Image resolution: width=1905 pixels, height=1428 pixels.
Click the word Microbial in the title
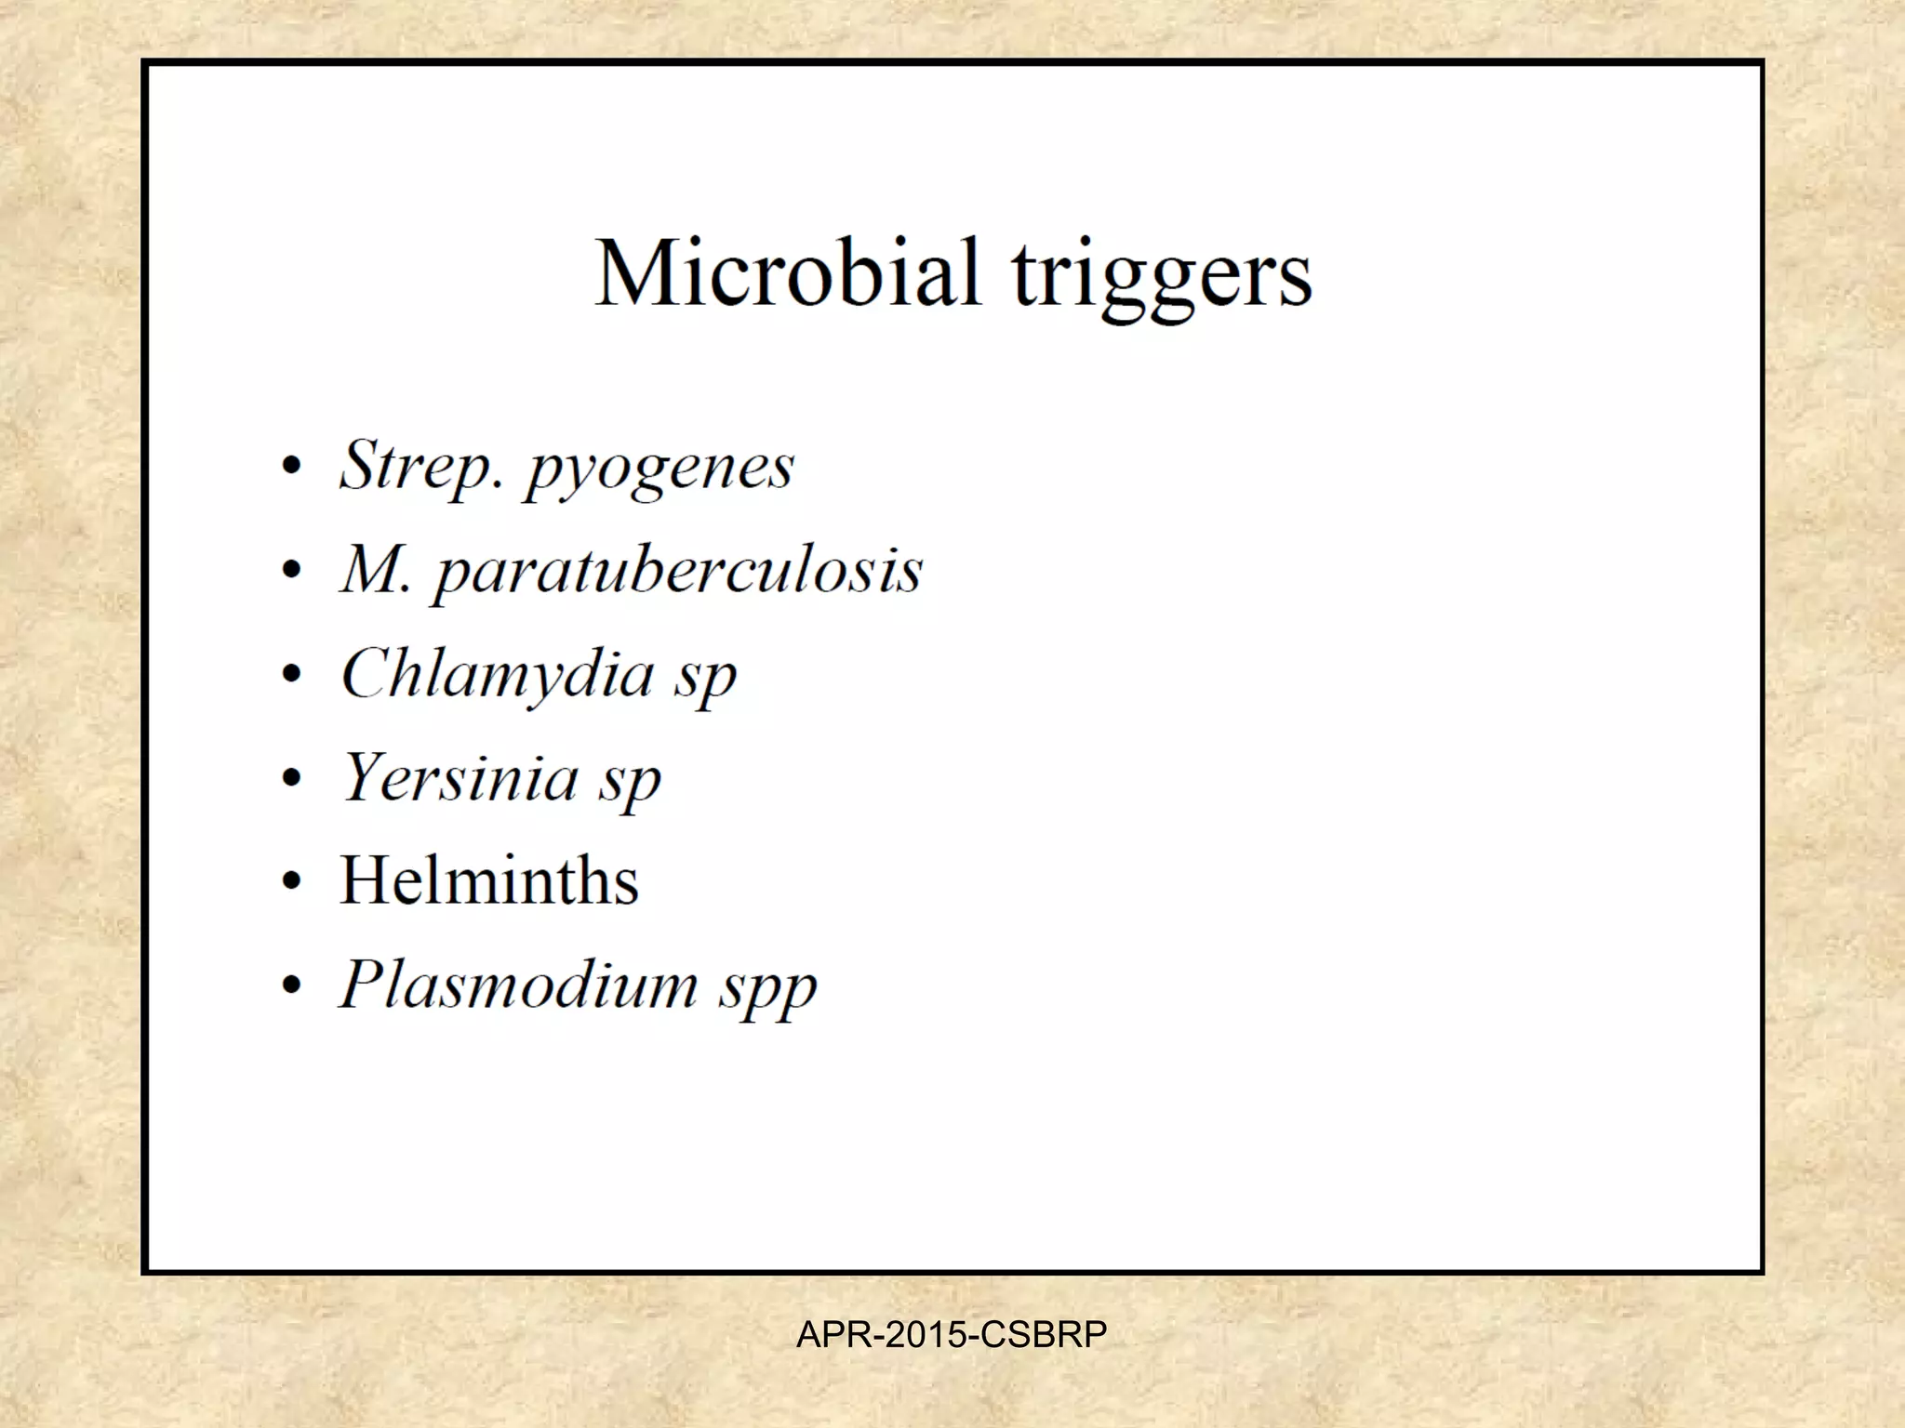click(x=787, y=273)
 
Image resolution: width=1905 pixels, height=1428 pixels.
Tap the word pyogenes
click(x=659, y=470)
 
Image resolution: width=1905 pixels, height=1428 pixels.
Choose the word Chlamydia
click(x=498, y=674)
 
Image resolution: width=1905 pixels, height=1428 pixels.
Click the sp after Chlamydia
click(x=705, y=679)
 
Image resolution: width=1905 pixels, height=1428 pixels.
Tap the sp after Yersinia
click(x=630, y=783)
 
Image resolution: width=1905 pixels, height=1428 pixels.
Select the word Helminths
click(x=489, y=880)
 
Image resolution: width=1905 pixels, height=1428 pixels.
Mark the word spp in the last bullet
click(x=767, y=990)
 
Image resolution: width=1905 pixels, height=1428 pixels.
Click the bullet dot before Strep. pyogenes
click(x=292, y=466)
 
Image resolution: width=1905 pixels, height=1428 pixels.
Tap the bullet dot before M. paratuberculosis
click(x=292, y=570)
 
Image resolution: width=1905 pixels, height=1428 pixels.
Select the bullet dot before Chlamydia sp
click(x=292, y=674)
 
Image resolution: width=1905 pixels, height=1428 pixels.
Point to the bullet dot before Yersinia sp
click(x=292, y=778)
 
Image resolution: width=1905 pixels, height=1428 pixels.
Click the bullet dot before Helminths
click(x=292, y=882)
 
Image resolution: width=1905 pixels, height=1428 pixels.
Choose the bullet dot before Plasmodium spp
click(x=292, y=986)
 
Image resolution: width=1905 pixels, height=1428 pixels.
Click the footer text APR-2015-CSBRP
click(x=952, y=1335)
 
